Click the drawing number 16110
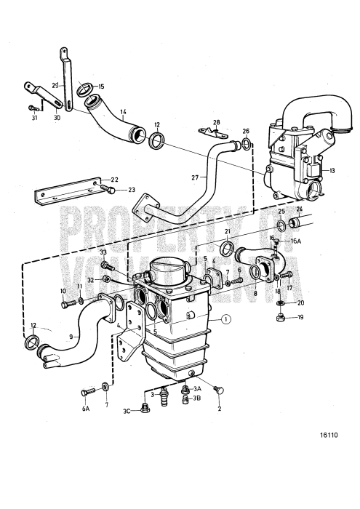pyautogui.click(x=328, y=437)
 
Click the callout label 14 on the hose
pyautogui.click(x=124, y=112)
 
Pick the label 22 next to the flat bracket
pyautogui.click(x=113, y=180)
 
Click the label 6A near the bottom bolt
pyautogui.click(x=86, y=409)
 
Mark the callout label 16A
pyautogui.click(x=296, y=240)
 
